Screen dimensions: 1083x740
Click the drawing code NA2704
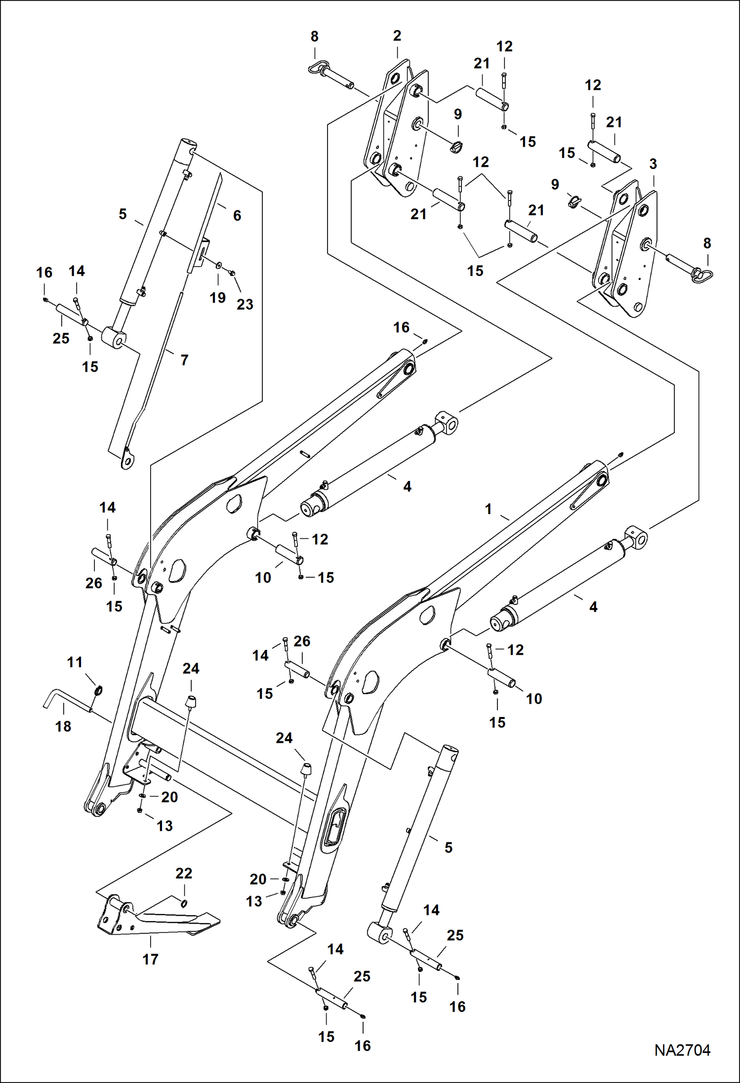click(x=682, y=1050)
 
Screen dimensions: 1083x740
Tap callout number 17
click(x=150, y=959)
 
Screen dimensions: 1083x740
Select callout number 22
click(x=184, y=873)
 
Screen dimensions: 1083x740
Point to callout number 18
click(x=63, y=726)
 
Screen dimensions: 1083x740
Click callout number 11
click(x=75, y=662)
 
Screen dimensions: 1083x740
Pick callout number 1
click(x=488, y=509)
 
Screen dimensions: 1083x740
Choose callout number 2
click(x=397, y=36)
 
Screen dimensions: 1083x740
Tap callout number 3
click(x=653, y=164)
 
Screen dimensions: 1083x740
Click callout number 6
click(x=237, y=215)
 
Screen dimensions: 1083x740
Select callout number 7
click(x=184, y=360)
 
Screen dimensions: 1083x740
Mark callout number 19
click(x=217, y=297)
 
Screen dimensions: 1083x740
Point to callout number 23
click(x=245, y=304)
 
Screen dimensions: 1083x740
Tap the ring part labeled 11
click(x=98, y=689)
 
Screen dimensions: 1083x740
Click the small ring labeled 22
click(x=184, y=904)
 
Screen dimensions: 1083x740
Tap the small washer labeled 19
click(x=218, y=265)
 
